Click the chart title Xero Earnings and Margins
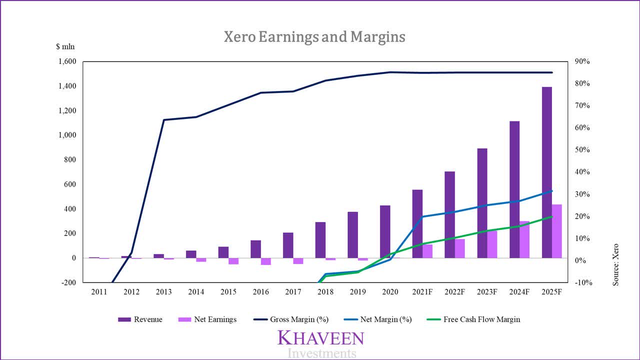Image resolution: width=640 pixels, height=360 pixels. click(314, 37)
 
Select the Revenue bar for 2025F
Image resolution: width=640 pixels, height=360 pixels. click(547, 172)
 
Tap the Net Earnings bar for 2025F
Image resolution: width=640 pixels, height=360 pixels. click(556, 231)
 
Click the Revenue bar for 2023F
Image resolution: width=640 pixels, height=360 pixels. click(482, 203)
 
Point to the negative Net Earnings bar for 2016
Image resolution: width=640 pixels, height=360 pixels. click(266, 261)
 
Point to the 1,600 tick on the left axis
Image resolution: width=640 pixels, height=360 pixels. click(66, 61)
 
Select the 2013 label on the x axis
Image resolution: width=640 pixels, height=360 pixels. click(164, 292)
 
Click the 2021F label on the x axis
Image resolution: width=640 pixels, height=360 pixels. click(422, 292)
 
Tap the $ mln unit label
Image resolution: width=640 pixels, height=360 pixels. click(65, 47)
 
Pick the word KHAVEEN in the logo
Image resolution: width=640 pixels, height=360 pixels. click(320, 338)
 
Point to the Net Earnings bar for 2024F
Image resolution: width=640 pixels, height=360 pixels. click(524, 239)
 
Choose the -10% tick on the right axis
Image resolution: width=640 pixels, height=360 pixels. click(582, 282)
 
